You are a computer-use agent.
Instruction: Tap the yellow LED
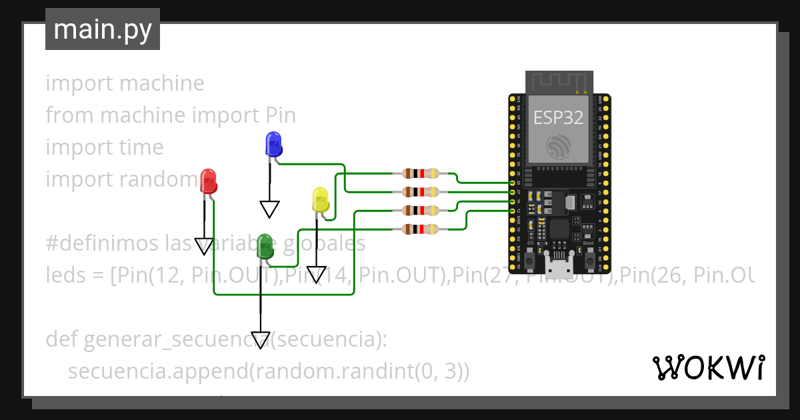320,201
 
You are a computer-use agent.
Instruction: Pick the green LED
265,246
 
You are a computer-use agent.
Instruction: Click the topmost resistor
421,174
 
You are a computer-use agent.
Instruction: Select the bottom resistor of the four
421,230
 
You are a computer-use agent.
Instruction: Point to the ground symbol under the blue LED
269,210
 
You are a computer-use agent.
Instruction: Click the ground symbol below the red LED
204,247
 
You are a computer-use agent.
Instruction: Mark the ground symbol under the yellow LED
316,275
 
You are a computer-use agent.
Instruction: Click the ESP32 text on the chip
558,118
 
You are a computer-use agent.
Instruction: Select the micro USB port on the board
559,267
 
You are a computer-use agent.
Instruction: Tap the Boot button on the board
589,261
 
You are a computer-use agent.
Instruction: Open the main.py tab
103,29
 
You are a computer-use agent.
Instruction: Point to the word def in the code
61,339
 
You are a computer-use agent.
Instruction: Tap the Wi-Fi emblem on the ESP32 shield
558,147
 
